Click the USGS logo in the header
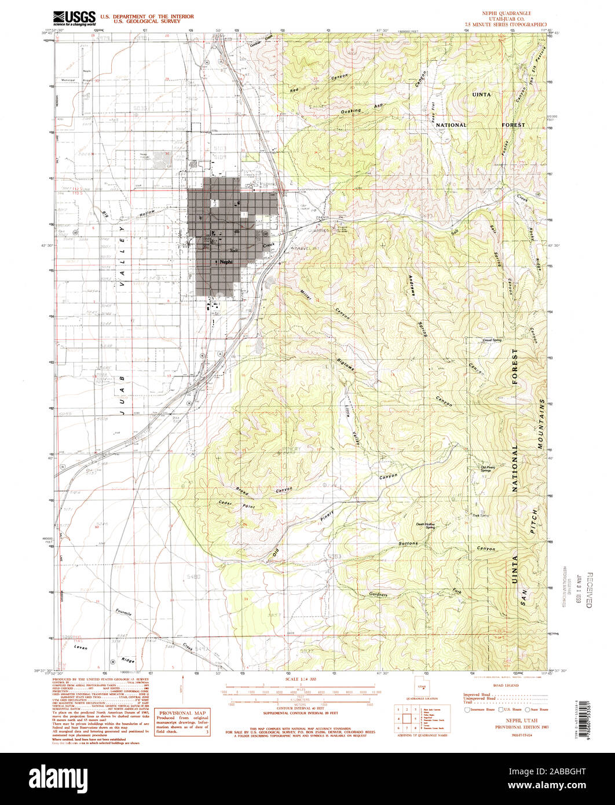point(74,18)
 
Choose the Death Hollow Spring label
point(426,526)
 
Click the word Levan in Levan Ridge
point(81,647)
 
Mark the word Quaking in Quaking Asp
point(352,110)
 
